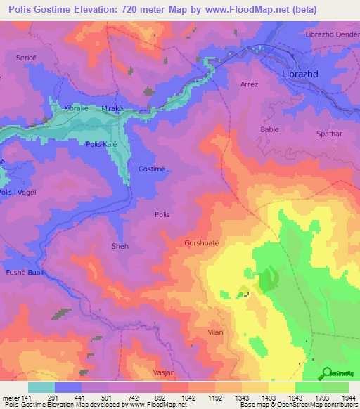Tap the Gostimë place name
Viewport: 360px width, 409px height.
point(153,170)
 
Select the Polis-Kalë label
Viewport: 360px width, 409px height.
point(102,143)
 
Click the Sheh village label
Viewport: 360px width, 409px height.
point(120,247)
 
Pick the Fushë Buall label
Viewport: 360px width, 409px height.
point(25,272)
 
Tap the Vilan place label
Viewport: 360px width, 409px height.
point(217,330)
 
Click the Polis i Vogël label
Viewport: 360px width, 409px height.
point(17,192)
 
